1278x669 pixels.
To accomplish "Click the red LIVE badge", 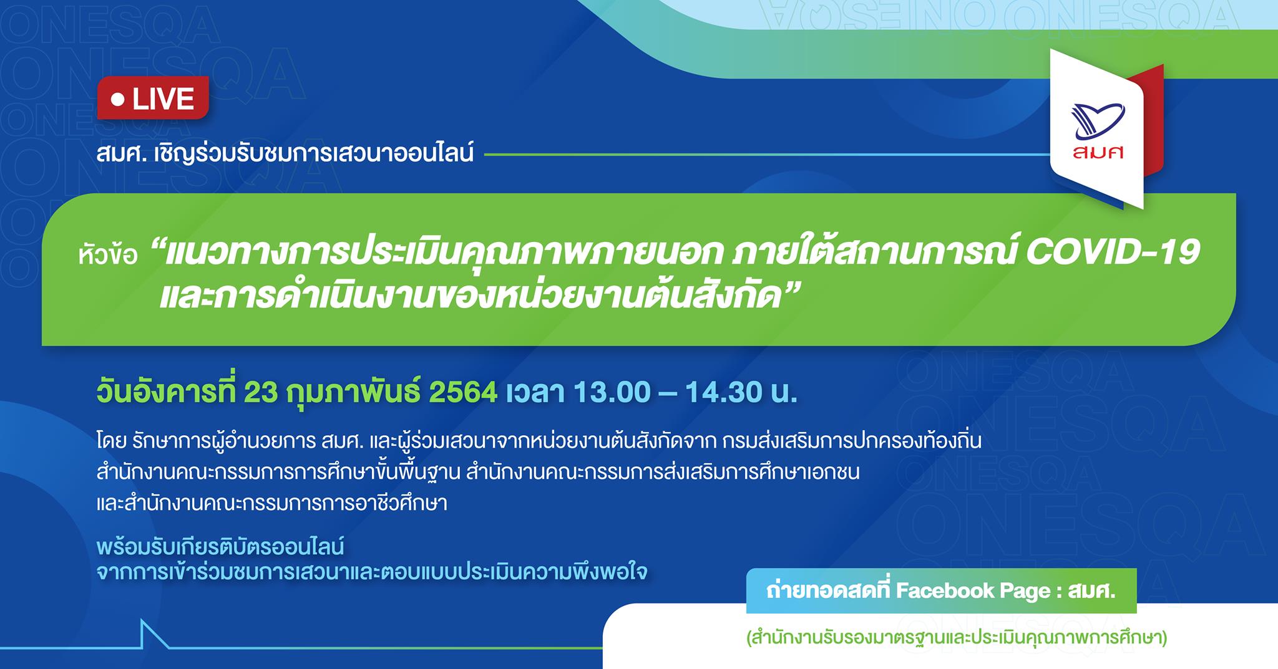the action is pos(152,98).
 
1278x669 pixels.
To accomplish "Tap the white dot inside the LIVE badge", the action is pos(115,99).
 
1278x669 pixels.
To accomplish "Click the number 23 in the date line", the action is pos(260,393).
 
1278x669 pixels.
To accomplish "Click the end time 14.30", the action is pos(723,393).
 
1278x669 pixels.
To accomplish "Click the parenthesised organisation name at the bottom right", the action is pos(956,639).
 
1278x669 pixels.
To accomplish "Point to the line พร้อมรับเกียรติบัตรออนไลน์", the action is pos(220,547).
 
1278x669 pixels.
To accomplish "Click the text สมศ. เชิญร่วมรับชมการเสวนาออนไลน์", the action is pos(285,153).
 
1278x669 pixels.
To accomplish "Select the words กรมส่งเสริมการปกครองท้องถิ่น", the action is pos(852,441).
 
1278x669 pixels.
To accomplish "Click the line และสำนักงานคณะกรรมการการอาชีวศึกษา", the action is pos(272,503).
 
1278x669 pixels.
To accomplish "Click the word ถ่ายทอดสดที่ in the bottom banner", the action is pos(829,590).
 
